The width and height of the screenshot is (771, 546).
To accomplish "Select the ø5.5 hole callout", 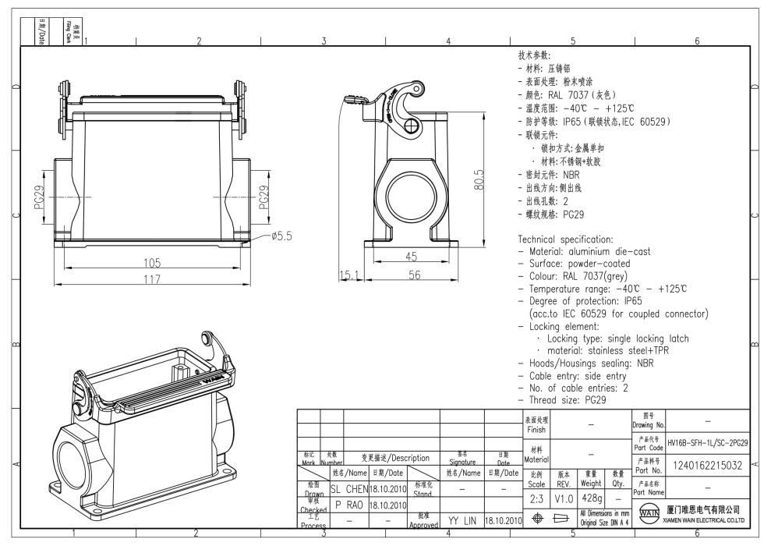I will [x=278, y=236].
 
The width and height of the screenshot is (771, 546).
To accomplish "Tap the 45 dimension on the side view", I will [x=409, y=257].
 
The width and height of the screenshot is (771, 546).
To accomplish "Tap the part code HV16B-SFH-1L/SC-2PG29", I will [x=708, y=443].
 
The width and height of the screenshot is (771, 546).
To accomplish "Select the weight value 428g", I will [x=592, y=497].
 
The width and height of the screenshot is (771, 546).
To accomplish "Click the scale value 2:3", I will [x=535, y=497].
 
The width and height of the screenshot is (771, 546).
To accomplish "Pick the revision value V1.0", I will [x=564, y=497].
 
